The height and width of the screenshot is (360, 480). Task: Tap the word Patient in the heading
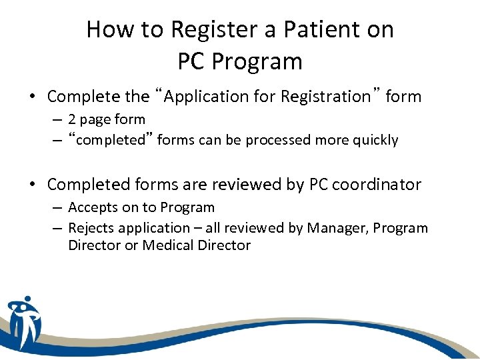pos(311,29)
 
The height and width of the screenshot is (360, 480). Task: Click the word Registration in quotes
pos(325,97)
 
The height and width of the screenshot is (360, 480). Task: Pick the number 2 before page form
pos(72,120)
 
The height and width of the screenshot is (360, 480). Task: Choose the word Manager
pos(337,228)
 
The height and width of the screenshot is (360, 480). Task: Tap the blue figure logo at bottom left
pos(25,323)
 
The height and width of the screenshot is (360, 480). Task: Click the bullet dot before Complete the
pos(32,97)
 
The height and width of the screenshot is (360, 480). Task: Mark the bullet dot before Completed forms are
pos(32,185)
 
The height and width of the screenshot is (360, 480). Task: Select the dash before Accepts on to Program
pos(58,208)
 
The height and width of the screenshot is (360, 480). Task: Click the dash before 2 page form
pos(58,120)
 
